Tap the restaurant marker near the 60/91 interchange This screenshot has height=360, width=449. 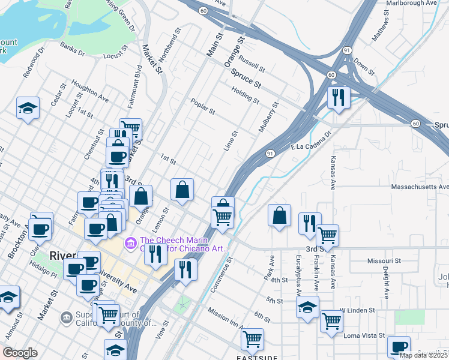[x=339, y=97]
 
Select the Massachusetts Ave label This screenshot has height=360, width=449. [x=420, y=187]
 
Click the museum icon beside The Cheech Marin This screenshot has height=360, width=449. [x=130, y=243]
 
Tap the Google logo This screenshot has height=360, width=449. [x=20, y=353]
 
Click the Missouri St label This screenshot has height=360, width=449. [x=384, y=262]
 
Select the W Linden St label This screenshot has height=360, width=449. [x=357, y=310]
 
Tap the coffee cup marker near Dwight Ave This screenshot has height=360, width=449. [x=398, y=346]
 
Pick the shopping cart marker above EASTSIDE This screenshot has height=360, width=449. [x=252, y=339]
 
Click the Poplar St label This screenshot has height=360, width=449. [x=203, y=106]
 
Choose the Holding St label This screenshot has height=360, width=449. [x=245, y=95]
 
